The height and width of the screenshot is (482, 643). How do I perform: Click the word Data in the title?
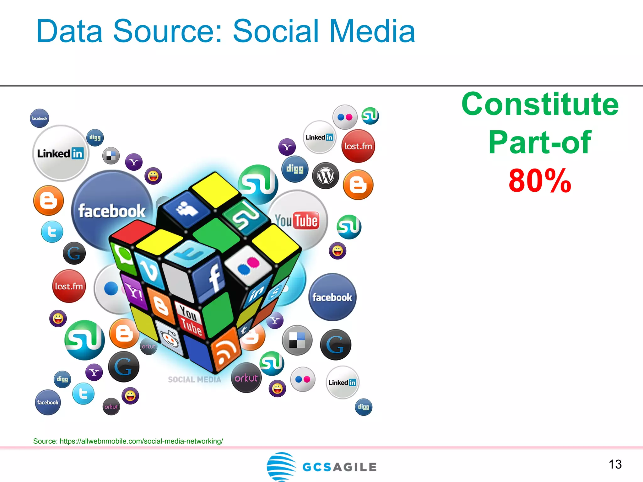click(x=69, y=31)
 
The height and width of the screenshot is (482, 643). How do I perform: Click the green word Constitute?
click(x=540, y=104)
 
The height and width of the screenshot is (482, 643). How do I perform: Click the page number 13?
click(x=615, y=464)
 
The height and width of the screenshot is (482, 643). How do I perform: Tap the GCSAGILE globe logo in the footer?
click(x=281, y=466)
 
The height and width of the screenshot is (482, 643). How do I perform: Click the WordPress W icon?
click(x=326, y=176)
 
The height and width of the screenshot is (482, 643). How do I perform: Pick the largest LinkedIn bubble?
click(x=61, y=153)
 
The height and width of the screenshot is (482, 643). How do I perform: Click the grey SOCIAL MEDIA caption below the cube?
click(x=195, y=380)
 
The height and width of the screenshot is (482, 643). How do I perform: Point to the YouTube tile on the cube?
click(x=190, y=320)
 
